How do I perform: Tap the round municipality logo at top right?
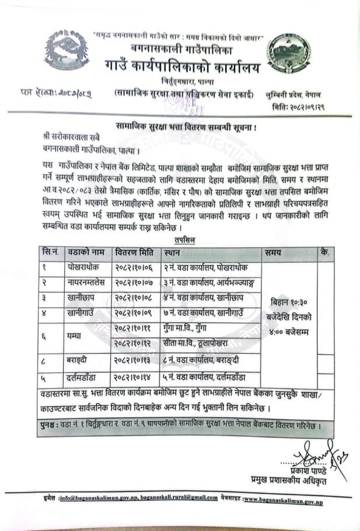pos(292,53)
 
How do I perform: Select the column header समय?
pos(272,253)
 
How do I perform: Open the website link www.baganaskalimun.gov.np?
pos(283,500)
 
